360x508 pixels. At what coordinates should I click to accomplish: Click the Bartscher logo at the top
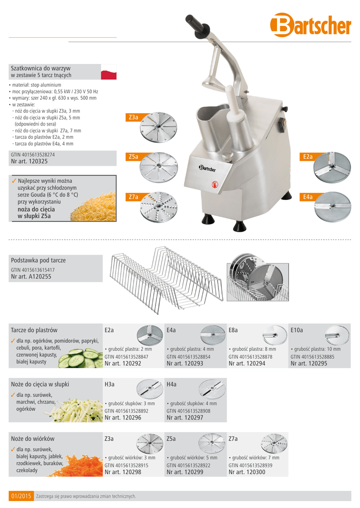[310, 25]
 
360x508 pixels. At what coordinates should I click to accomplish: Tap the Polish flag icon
[108, 71]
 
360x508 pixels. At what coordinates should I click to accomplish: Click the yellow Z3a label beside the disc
[133, 118]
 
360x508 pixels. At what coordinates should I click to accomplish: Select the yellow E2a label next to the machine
[307, 157]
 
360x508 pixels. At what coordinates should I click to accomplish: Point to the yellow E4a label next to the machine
[307, 197]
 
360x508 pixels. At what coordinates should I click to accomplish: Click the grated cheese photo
[93, 207]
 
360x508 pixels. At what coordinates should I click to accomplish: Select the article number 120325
[29, 162]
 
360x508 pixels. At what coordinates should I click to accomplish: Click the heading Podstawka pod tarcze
[38, 260]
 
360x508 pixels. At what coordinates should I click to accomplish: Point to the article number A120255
[31, 277]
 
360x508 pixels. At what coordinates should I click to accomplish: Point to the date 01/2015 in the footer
[21, 496]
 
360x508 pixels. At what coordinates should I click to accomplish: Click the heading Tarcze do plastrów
[34, 330]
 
